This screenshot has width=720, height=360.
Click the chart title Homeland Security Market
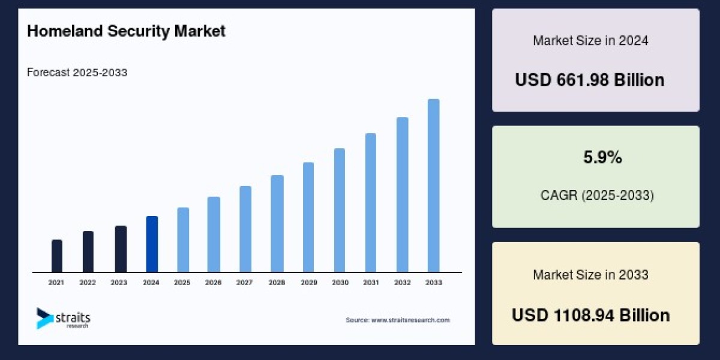tap(126, 31)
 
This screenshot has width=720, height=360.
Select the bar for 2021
tap(57, 256)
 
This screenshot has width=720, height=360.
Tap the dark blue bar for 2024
tap(152, 244)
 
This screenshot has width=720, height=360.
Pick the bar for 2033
tap(433, 185)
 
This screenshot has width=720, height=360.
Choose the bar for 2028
tap(277, 223)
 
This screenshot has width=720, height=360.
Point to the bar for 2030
tap(340, 210)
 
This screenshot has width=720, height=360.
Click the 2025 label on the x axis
tap(182, 282)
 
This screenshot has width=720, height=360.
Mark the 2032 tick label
tap(402, 282)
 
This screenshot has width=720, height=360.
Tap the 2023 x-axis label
tap(119, 282)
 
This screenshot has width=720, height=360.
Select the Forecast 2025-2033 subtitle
tap(77, 73)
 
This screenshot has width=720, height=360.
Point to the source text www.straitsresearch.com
tap(397, 320)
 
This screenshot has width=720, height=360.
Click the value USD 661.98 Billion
tap(590, 80)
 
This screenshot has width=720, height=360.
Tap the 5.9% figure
tap(602, 158)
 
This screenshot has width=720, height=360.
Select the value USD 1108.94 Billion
tap(590, 315)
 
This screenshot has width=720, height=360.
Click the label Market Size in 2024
tap(590, 41)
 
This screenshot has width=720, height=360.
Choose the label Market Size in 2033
tap(590, 275)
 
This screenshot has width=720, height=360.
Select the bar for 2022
tap(88, 251)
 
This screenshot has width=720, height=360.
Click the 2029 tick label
tap(308, 282)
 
